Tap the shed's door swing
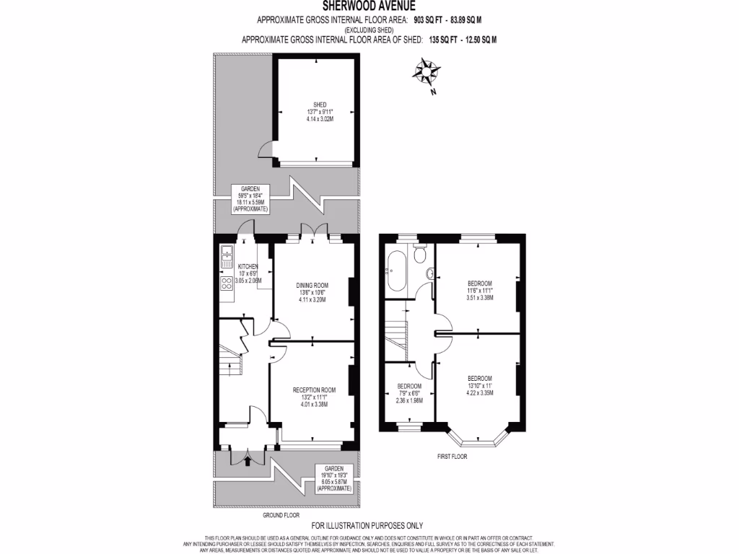tap(268, 151)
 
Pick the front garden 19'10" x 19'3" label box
tap(333, 478)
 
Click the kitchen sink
tap(226, 252)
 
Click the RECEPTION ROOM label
tap(313, 390)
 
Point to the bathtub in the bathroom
tap(397, 270)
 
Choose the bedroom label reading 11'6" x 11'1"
tap(479, 289)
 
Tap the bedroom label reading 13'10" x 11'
tap(479, 386)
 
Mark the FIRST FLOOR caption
tap(453, 457)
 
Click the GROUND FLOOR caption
tap(281, 516)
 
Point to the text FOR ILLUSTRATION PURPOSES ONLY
tap(367, 525)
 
